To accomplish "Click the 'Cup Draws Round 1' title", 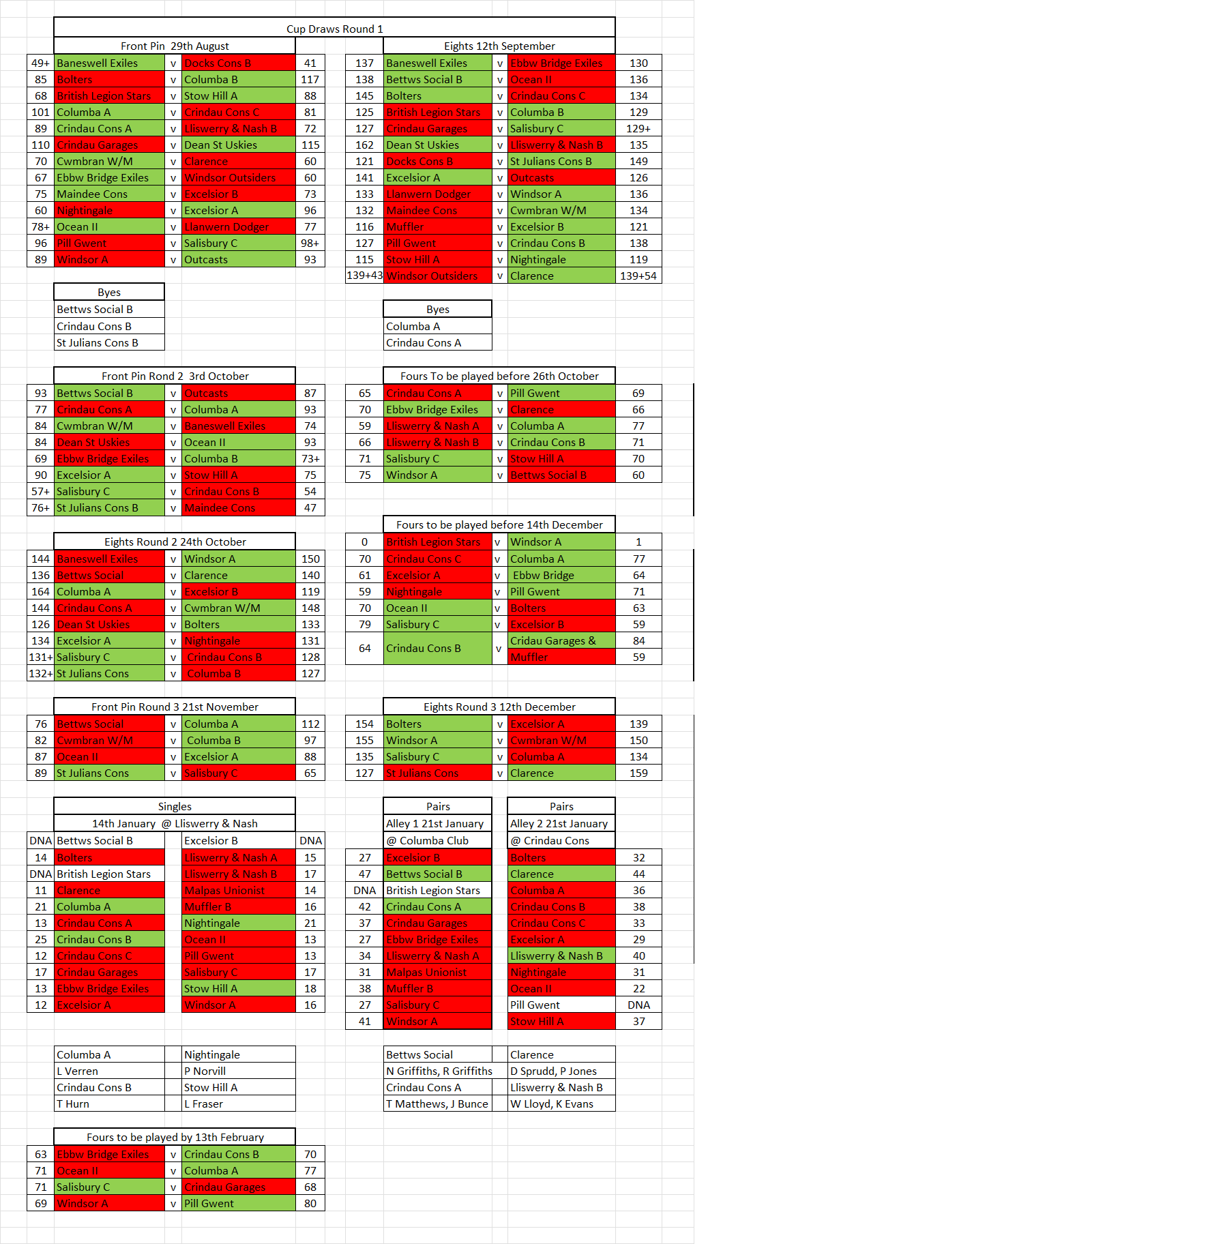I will [334, 29].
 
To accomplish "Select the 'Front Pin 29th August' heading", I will [175, 46].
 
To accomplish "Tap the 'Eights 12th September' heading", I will [499, 46].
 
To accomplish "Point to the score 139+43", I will [364, 276].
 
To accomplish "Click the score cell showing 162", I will [364, 145].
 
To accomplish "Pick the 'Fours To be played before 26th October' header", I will [499, 376].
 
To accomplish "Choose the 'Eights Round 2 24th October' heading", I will [175, 542].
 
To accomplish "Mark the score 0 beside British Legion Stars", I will [364, 542].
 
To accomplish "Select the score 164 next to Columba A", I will [41, 591].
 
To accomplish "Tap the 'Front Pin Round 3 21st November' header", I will [175, 707].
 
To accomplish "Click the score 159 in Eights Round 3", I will [638, 773].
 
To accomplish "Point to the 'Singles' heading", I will [175, 806].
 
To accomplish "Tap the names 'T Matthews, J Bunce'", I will [437, 1104].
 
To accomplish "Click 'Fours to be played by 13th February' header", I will [175, 1137].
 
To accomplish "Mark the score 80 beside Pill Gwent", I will [310, 1203].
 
